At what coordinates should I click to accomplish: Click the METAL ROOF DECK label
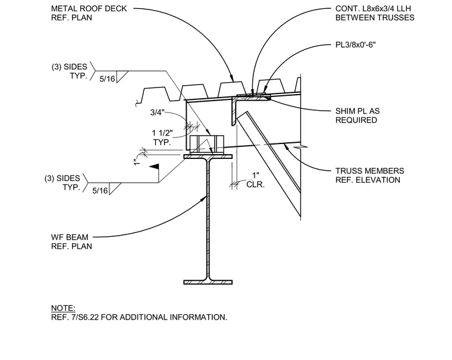(89, 9)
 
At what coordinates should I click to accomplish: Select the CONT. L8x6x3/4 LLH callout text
(373, 9)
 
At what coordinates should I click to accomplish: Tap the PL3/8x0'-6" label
(356, 45)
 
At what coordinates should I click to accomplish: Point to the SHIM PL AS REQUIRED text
(357, 115)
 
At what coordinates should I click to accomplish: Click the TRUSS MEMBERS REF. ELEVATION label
(369, 176)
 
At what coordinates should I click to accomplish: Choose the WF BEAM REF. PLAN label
(71, 242)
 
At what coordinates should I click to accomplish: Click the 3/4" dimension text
(157, 112)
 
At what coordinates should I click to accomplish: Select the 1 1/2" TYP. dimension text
(162, 137)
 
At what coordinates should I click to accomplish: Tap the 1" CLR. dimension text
(255, 180)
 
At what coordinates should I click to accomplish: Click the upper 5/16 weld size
(107, 79)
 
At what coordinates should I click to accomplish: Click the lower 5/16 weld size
(100, 190)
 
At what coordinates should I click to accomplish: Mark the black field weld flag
(154, 167)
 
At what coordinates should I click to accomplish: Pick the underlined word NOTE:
(63, 308)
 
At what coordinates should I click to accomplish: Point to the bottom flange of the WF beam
(208, 282)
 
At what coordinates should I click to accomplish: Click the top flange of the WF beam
(208, 156)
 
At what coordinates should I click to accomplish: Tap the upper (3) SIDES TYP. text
(70, 71)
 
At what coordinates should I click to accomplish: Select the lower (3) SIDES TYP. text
(62, 183)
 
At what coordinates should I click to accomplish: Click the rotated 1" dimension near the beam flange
(137, 162)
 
